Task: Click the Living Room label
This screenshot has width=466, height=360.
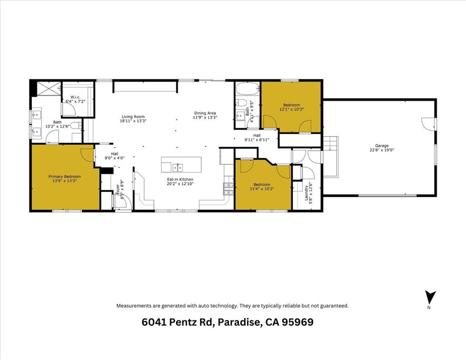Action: tap(133, 117)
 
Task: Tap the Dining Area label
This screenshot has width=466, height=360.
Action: tap(205, 113)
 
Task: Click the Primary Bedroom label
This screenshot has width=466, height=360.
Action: tap(65, 176)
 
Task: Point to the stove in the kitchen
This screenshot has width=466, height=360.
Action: tap(228, 188)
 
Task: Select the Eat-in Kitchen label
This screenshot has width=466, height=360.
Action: tap(180, 179)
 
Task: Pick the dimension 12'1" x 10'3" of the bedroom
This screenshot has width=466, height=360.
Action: tap(291, 110)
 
